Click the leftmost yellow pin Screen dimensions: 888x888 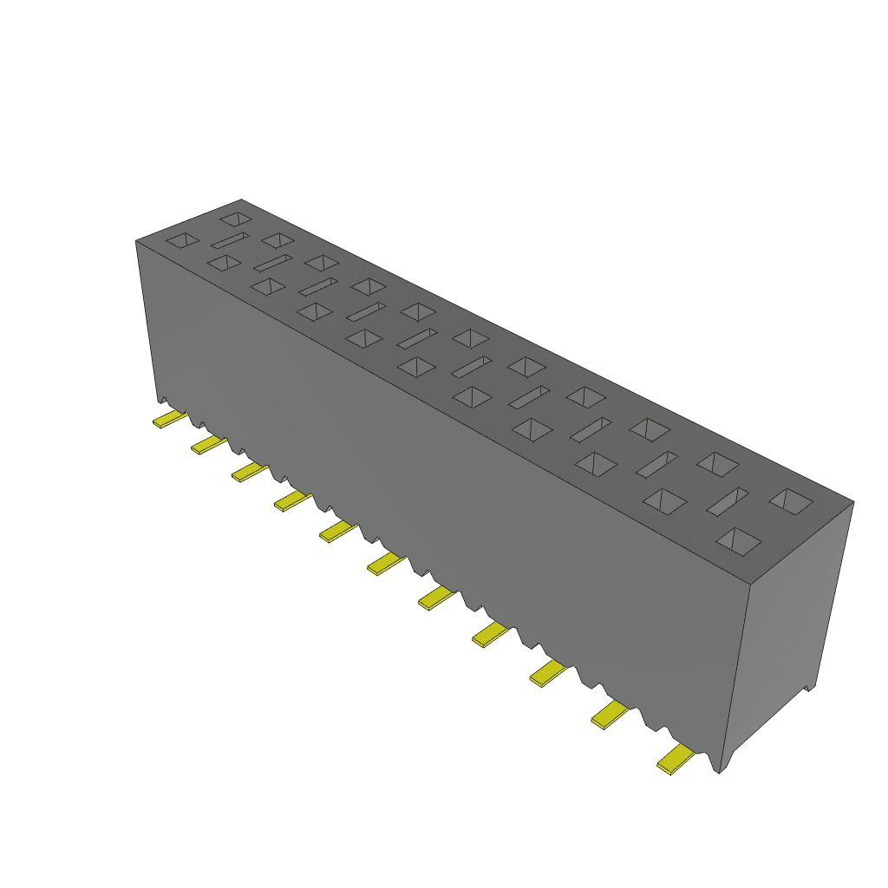point(169,420)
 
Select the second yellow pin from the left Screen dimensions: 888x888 point(208,445)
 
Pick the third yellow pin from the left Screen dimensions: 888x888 point(249,472)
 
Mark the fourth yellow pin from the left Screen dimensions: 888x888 point(292,500)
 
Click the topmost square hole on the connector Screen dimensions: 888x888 point(235,217)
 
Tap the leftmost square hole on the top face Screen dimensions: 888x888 point(182,240)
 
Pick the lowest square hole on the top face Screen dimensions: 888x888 point(739,541)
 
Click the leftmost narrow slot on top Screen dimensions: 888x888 point(230,239)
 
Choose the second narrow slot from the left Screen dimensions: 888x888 point(272,262)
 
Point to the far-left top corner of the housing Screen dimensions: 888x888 point(136,241)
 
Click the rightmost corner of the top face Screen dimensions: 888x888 point(853,501)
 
